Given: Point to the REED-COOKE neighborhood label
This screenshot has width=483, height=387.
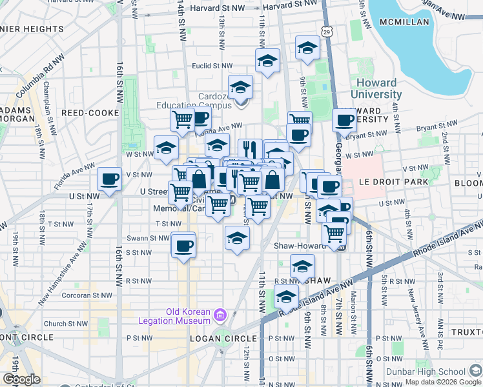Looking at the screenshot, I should [x=90, y=113].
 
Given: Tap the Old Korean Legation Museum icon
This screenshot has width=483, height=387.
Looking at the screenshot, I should [x=220, y=314].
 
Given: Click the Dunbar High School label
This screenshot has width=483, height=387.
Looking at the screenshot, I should [x=424, y=371].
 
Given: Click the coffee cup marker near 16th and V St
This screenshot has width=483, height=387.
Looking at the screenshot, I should [x=109, y=179].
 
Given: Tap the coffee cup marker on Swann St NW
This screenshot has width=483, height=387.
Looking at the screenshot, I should [x=184, y=245].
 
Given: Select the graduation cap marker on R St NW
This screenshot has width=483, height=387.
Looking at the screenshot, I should [x=302, y=266].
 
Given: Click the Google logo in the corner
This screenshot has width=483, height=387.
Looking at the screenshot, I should [x=21, y=379].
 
